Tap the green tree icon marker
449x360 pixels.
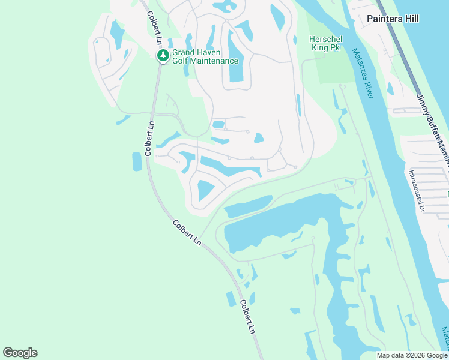(x=163, y=56)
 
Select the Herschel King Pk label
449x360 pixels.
(x=325, y=43)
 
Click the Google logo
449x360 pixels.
(x=20, y=353)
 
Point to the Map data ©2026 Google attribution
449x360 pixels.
(x=411, y=355)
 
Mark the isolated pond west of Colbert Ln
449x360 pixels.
(x=137, y=161)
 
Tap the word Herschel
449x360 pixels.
(x=325, y=39)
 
